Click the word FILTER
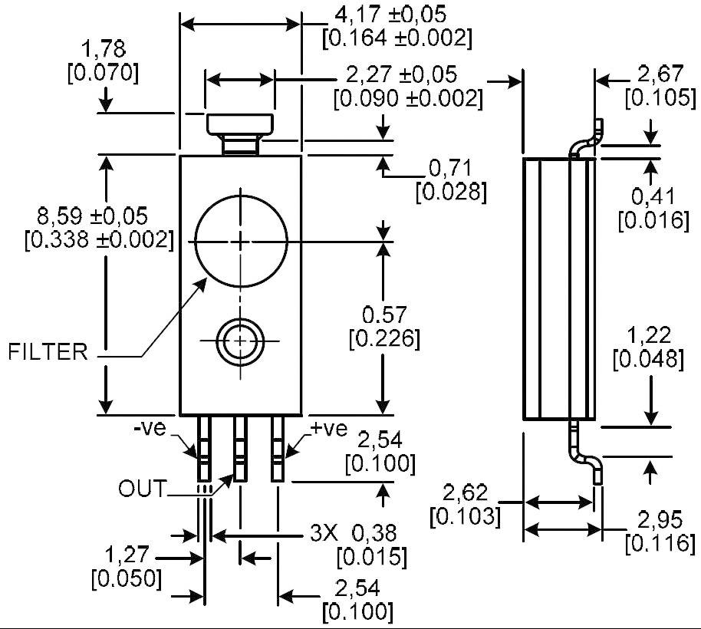(x=48, y=352)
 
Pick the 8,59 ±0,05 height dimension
(x=82, y=216)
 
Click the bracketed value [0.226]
(x=384, y=338)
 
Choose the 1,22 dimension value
(x=649, y=335)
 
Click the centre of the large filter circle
(x=242, y=241)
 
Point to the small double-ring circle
(x=242, y=340)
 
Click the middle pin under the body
(x=241, y=448)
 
